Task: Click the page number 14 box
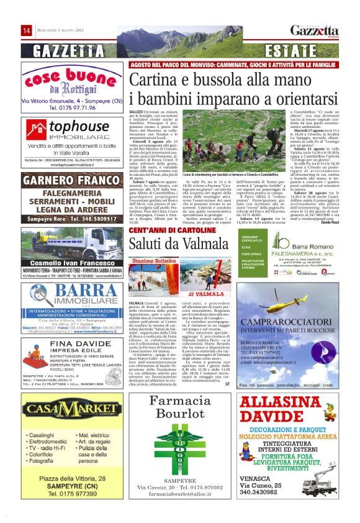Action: pos(27,30)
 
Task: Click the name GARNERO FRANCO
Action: pos(71,181)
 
